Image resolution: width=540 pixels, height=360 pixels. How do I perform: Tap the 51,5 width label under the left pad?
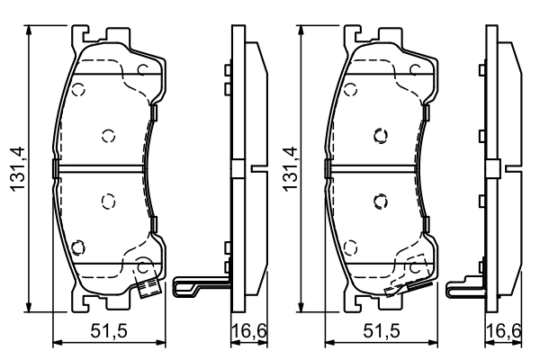110,332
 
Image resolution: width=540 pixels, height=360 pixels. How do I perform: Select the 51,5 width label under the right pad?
381,332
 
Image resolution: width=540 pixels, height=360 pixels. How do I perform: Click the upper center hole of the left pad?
108,136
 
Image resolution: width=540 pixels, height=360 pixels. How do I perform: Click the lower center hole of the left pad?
108,201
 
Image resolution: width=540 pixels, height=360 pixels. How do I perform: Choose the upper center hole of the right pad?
379,136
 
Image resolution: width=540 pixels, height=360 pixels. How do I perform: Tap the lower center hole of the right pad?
379,201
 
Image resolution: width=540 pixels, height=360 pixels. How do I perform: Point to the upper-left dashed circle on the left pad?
78,90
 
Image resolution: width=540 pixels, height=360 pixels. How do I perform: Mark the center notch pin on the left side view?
258,168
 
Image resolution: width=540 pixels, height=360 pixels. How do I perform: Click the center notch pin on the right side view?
514,168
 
